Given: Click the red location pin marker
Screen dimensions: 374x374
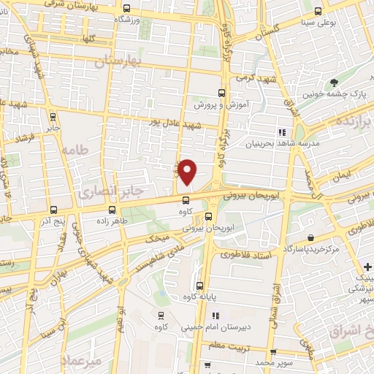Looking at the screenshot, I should (x=188, y=172).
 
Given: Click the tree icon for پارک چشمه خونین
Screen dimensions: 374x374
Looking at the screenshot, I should (x=335, y=83).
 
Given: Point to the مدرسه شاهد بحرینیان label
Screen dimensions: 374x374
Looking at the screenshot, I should (x=318, y=143).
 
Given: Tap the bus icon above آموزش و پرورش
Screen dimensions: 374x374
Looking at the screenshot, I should (x=221, y=93).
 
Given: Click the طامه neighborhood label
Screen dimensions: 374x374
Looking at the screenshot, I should (x=74, y=149).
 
